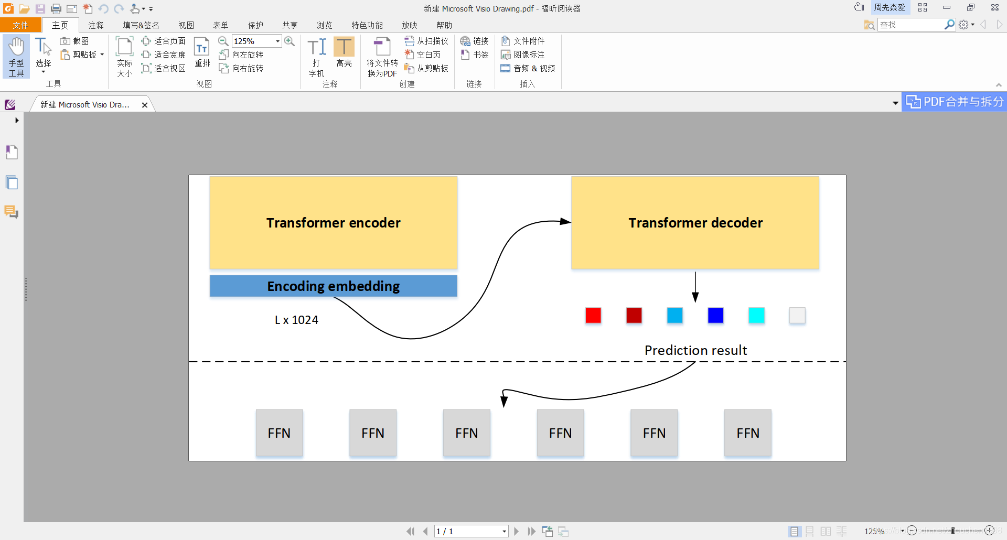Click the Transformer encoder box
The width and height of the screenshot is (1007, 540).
pyautogui.click(x=333, y=223)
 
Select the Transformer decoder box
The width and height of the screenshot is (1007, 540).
pyautogui.click(x=695, y=223)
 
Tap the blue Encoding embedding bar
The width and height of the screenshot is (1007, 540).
pyautogui.click(x=333, y=286)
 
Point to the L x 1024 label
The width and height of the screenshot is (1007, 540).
pyautogui.click(x=296, y=320)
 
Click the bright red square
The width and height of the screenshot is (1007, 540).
pyautogui.click(x=593, y=316)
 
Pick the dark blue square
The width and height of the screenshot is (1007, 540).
pyautogui.click(x=715, y=316)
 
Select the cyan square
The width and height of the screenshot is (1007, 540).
pyautogui.click(x=756, y=316)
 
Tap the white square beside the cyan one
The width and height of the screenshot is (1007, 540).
pyautogui.click(x=797, y=316)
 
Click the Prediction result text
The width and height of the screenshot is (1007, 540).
pyautogui.click(x=695, y=350)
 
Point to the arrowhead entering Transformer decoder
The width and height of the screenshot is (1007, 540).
pyautogui.click(x=565, y=221)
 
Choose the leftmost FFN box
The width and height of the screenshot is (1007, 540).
pyautogui.click(x=279, y=433)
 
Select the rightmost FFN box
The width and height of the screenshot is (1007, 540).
pyautogui.click(x=748, y=433)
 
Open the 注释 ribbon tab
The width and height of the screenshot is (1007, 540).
pyautogui.click(x=96, y=25)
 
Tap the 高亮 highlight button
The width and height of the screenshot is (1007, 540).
pyautogui.click(x=344, y=52)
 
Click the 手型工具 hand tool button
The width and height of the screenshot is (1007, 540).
pyautogui.click(x=16, y=57)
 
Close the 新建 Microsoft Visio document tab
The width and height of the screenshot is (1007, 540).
pyautogui.click(x=145, y=105)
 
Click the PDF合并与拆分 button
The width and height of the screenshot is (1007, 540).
pyautogui.click(x=955, y=102)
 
